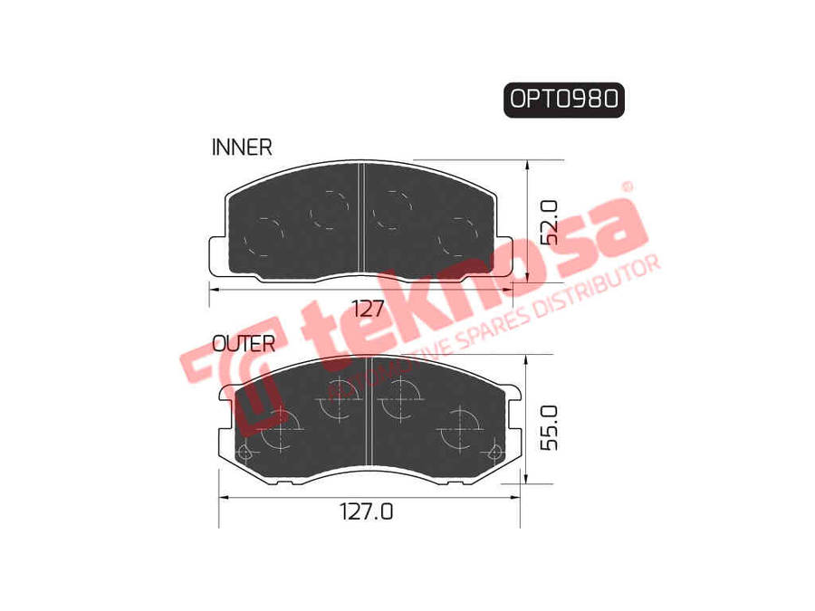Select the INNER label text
[x=241, y=147]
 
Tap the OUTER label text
[x=243, y=343]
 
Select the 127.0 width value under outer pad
[x=367, y=511]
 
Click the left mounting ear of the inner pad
[x=216, y=254]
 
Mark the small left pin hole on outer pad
[x=243, y=454]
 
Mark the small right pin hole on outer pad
[x=494, y=453]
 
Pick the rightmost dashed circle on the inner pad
[x=457, y=237]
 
